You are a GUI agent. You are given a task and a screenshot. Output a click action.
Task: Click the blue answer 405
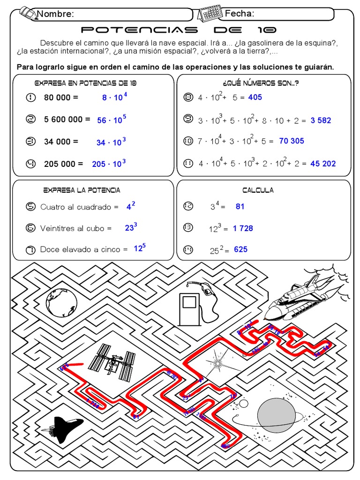pos(255,97)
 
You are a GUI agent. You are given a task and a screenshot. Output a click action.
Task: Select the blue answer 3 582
pos(321,120)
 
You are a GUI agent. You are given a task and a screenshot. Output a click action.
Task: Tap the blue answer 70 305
pos(291,141)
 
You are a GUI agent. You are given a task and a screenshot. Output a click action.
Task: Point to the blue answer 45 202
pos(323,164)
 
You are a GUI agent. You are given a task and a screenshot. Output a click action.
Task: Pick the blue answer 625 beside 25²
pos(240,249)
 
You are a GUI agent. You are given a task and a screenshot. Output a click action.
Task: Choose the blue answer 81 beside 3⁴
pos(240,206)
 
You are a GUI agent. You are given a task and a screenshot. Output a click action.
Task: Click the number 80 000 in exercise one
pos(57,97)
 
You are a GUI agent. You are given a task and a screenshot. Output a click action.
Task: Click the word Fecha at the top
pos(240,14)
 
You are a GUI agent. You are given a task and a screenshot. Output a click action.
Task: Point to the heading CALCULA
pos(258,190)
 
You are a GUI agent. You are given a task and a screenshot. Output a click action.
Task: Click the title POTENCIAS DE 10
pos(179,30)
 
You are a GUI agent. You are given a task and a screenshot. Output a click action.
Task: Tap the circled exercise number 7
pos(31,250)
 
